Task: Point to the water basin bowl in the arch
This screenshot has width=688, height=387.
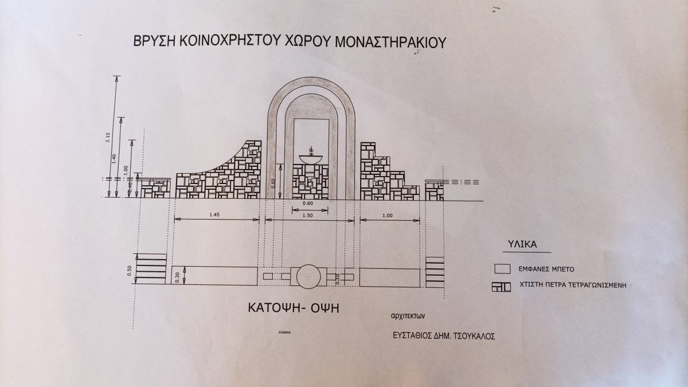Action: click(310, 157)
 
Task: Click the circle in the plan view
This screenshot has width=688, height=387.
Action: click(310, 276)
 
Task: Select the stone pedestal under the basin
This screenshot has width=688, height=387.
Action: click(310, 181)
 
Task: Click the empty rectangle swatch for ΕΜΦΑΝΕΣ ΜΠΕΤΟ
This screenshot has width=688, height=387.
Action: click(502, 268)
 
